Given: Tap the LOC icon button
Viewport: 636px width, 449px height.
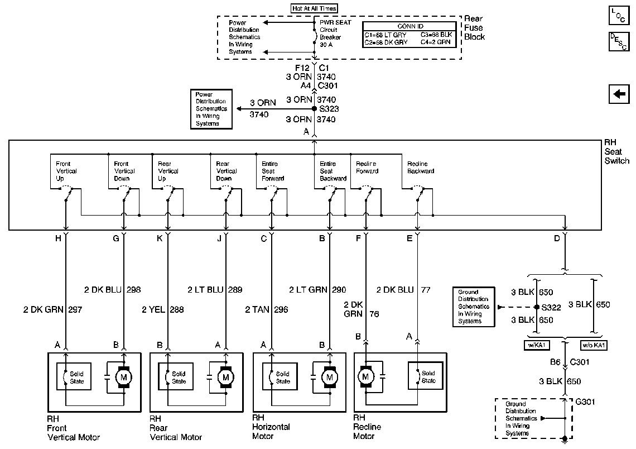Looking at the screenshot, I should click(x=617, y=15).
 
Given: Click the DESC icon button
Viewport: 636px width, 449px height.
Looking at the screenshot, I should click(x=617, y=42).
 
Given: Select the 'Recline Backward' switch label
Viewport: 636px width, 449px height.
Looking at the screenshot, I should click(x=421, y=168).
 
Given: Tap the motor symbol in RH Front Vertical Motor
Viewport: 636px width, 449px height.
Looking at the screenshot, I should click(x=122, y=377).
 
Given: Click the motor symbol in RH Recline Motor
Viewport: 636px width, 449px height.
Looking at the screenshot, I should click(x=367, y=377).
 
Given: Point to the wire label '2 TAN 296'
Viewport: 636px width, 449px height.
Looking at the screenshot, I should click(x=267, y=309).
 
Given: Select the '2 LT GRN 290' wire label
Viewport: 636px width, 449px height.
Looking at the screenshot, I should click(x=317, y=290).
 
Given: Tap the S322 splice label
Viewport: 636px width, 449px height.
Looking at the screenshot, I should click(x=554, y=307).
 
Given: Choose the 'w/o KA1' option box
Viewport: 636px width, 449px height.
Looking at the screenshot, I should click(x=594, y=345).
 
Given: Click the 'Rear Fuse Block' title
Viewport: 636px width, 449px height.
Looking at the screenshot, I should click(x=474, y=28).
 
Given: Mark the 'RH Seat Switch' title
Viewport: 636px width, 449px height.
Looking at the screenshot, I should click(x=616, y=152).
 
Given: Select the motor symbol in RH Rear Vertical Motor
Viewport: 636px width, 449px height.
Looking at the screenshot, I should click(x=226, y=377).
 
